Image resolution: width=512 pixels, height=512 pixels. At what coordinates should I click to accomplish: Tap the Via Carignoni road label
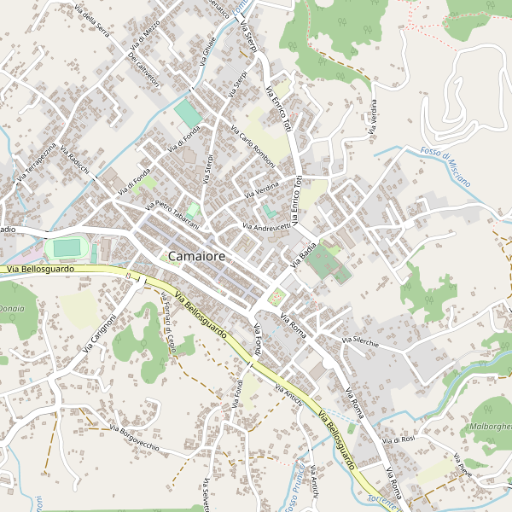point(100,334)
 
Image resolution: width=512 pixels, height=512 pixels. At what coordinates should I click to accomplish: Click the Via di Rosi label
point(399,439)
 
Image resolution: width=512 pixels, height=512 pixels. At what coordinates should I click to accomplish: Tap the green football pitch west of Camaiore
point(67,249)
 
